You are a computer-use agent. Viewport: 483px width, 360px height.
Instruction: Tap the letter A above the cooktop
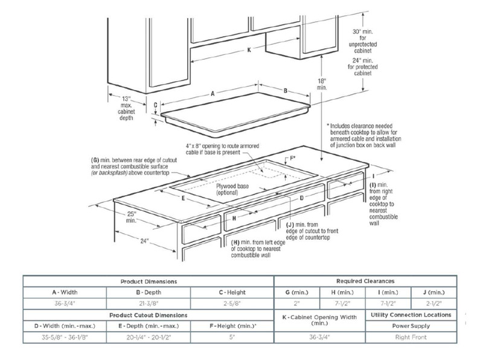(x=213, y=95)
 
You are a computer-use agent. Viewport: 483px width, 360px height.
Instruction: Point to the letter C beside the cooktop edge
(x=155, y=104)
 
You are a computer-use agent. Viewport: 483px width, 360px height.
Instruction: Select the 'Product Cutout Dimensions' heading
(x=148, y=315)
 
